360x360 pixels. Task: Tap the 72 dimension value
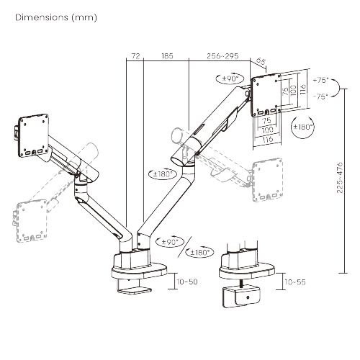point(135,55)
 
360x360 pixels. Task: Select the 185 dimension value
point(166,55)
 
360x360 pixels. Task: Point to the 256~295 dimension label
point(222,55)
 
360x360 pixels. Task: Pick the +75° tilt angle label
point(320,81)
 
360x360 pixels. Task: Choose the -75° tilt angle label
point(320,95)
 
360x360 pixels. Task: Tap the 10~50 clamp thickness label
point(187,282)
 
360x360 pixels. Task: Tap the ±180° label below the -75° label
point(303,126)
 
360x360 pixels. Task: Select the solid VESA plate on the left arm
point(33,132)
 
